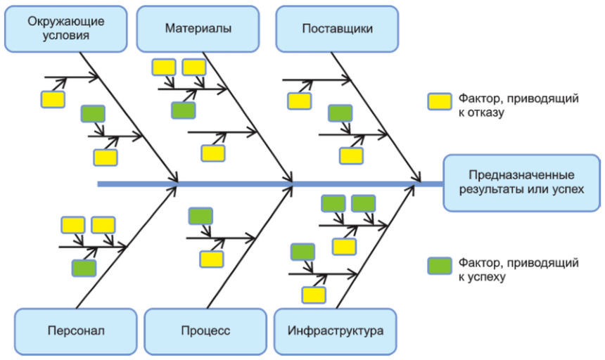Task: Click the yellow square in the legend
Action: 440,102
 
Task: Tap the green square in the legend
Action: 440,265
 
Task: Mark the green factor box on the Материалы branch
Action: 183,110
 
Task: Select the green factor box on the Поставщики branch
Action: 340,112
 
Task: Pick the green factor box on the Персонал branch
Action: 84,267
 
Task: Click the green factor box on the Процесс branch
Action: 200,216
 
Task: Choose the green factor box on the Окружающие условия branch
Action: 93,113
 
